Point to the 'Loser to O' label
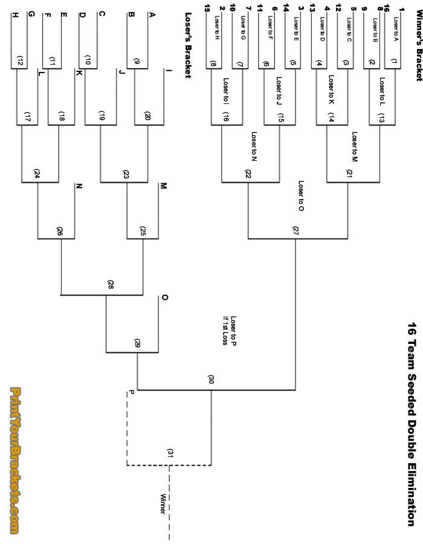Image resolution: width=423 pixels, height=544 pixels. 300,195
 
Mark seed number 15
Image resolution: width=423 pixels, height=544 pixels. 207,7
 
